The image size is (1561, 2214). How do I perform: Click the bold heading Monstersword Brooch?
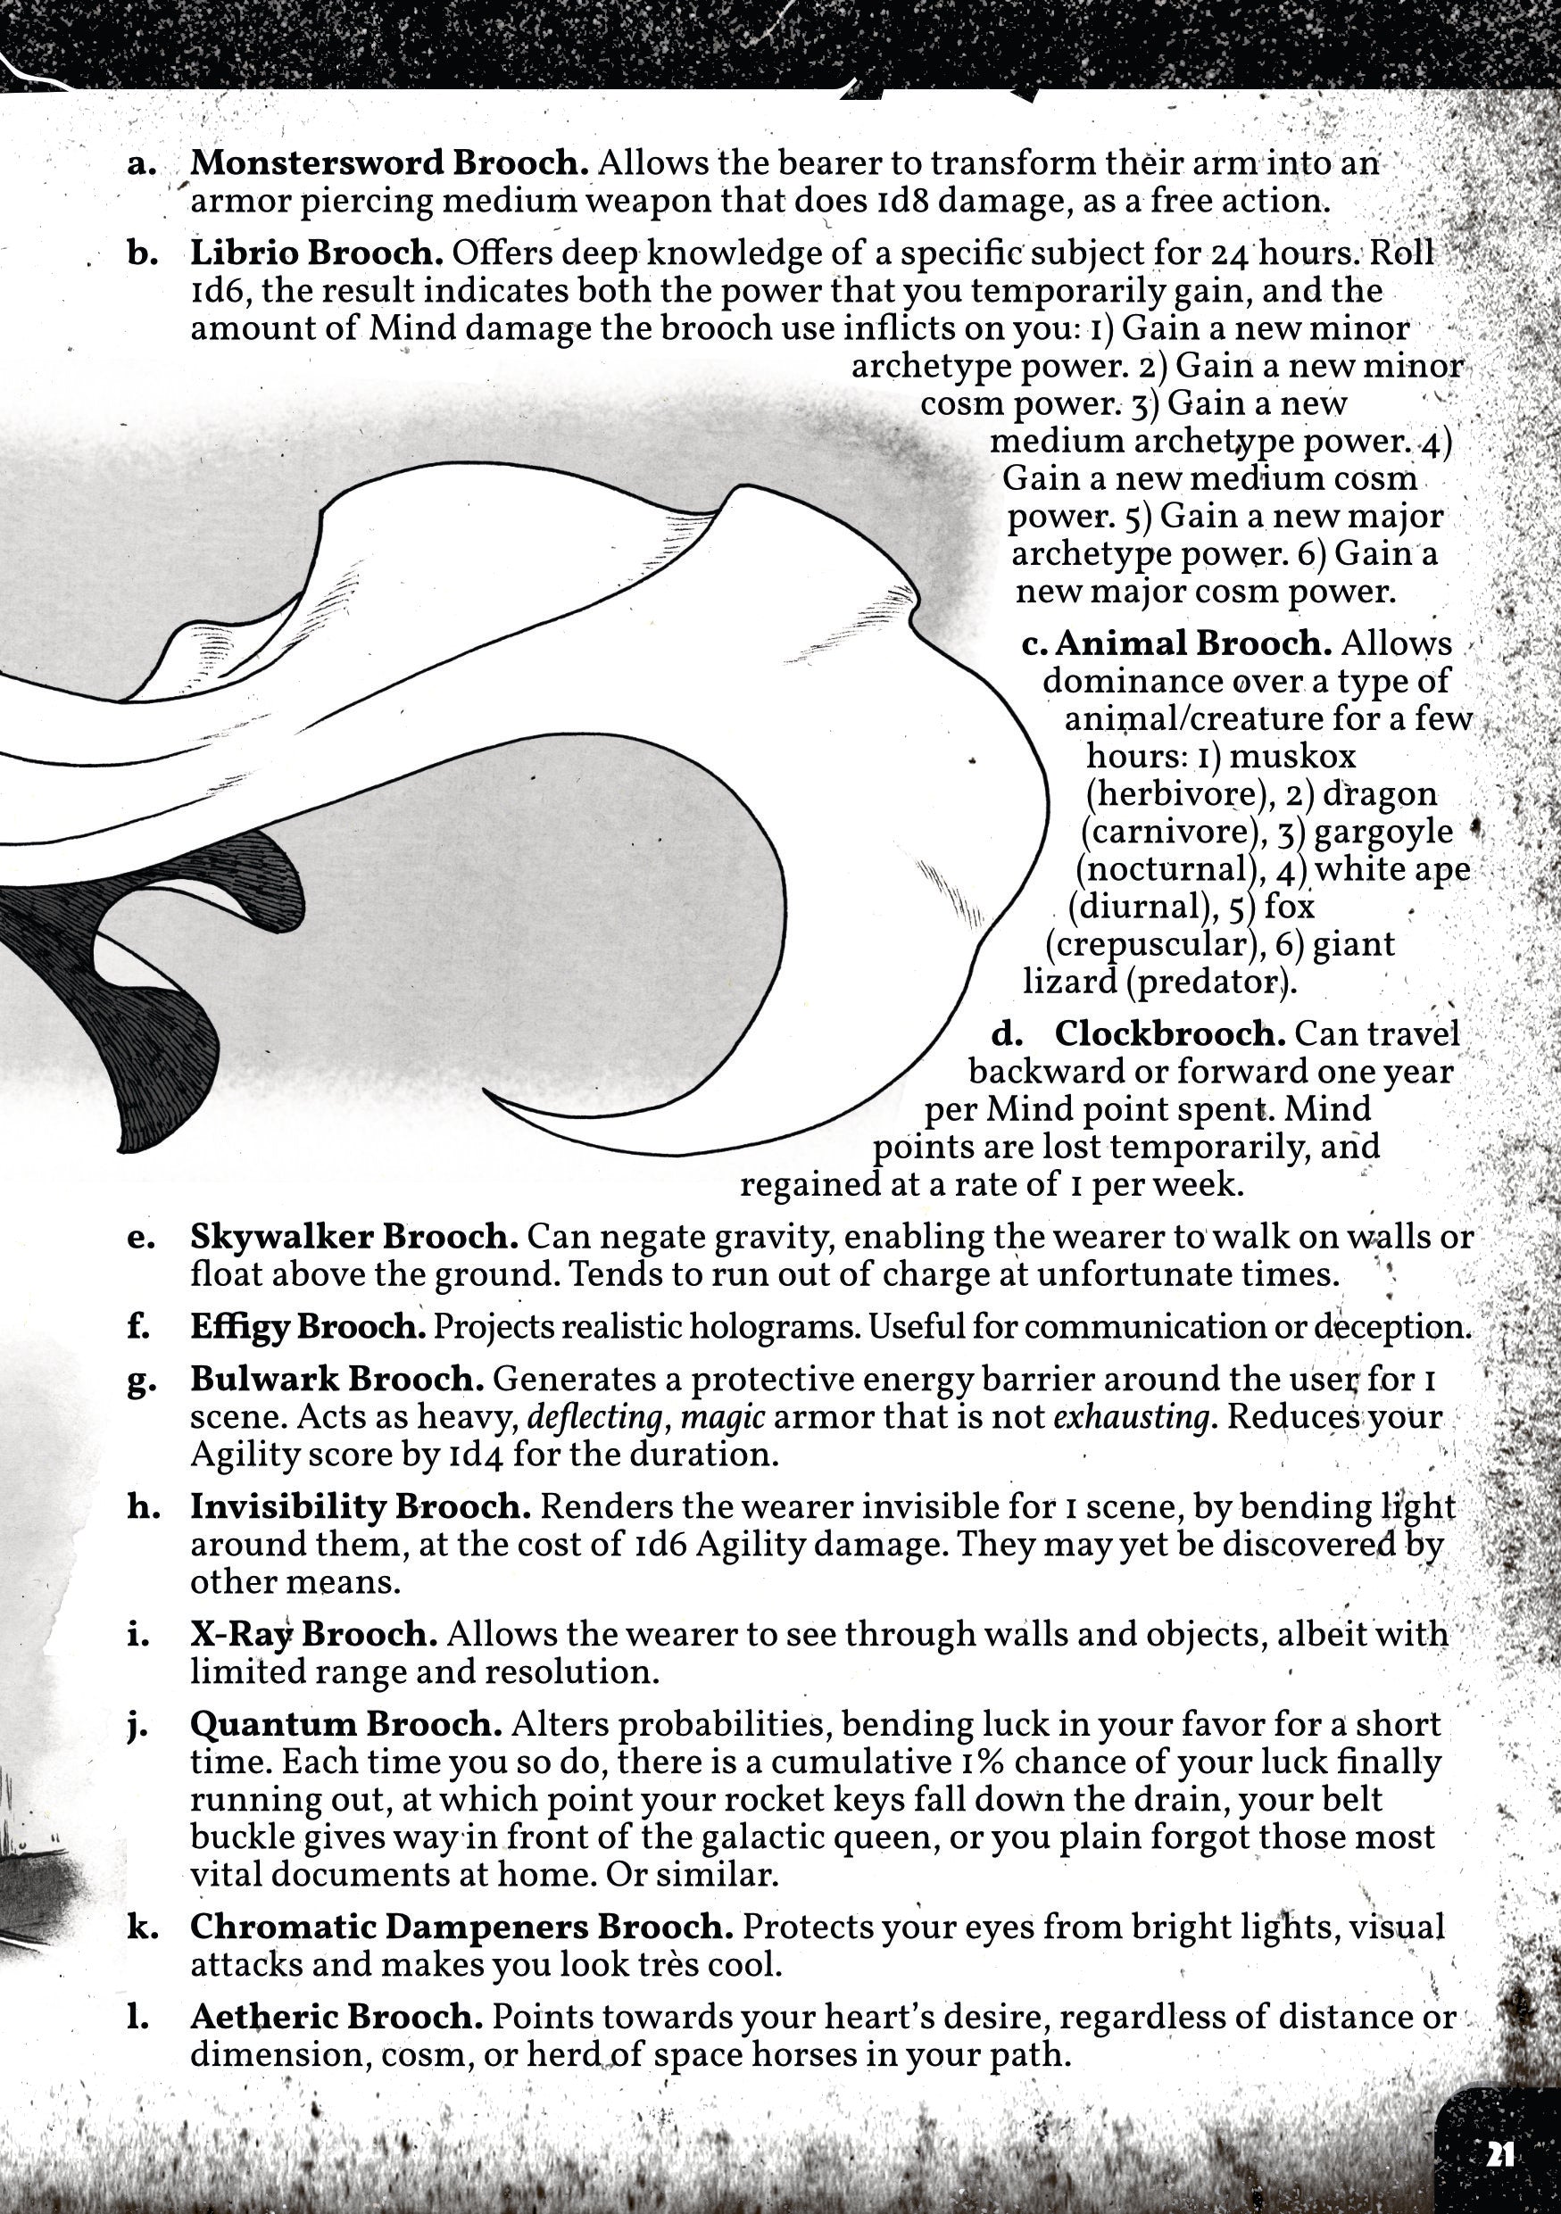388,162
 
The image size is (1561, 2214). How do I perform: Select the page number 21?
1500,2154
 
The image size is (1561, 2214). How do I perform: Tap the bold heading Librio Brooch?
316,253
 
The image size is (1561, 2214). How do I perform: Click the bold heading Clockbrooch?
1168,1033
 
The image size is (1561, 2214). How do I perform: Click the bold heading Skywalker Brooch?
353,1236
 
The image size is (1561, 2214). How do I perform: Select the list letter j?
136,1725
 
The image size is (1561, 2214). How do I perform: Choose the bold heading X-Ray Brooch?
313,1633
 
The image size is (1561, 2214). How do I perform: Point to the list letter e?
137,1237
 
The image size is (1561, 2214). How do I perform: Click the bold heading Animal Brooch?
1192,643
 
